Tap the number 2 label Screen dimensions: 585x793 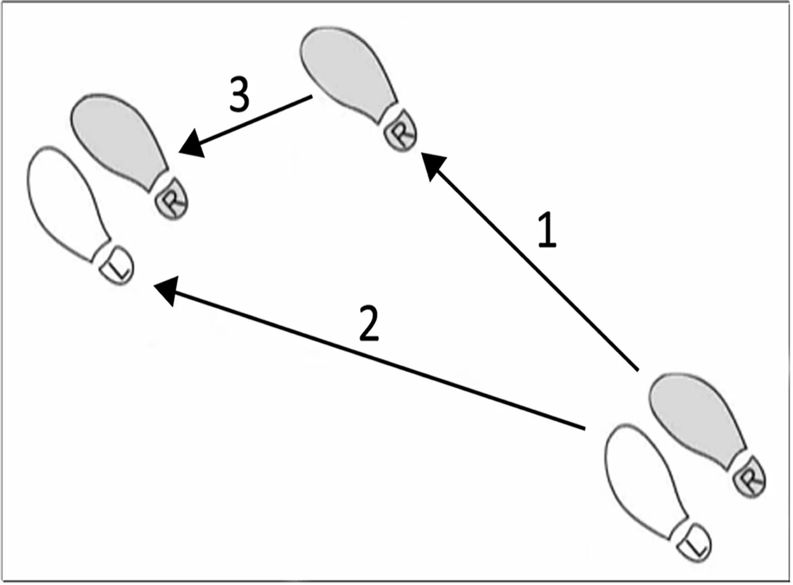[369, 324]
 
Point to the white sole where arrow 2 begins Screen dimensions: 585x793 [642, 478]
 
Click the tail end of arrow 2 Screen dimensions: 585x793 [584, 428]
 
